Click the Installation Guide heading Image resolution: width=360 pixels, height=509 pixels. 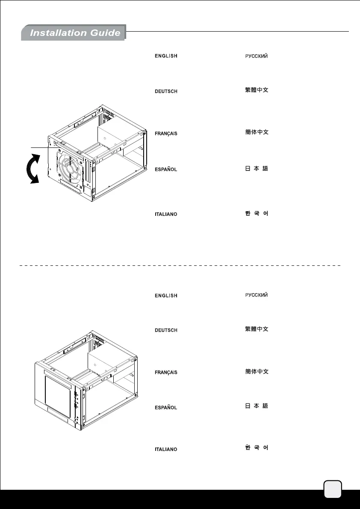point(75,33)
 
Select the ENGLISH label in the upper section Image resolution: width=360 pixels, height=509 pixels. point(165,56)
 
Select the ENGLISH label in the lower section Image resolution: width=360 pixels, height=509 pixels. point(165,296)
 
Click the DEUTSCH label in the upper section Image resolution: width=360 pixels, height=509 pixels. point(165,91)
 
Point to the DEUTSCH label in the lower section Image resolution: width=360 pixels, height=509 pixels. point(165,330)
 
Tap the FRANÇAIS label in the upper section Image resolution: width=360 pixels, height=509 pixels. point(166,134)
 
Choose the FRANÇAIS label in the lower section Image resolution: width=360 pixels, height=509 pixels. point(166,373)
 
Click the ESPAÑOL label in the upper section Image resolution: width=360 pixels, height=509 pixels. point(165,170)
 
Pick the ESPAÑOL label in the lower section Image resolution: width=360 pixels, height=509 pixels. point(165,408)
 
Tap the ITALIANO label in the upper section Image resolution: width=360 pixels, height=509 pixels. point(165,214)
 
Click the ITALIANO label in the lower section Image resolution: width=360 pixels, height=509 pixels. point(165,449)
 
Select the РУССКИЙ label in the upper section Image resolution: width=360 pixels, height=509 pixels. point(256,56)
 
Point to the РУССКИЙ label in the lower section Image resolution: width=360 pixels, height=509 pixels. point(256,295)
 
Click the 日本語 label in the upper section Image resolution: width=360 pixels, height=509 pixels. point(256,169)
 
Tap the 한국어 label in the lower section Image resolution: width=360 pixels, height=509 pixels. point(256,448)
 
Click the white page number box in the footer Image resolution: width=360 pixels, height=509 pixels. point(333,489)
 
